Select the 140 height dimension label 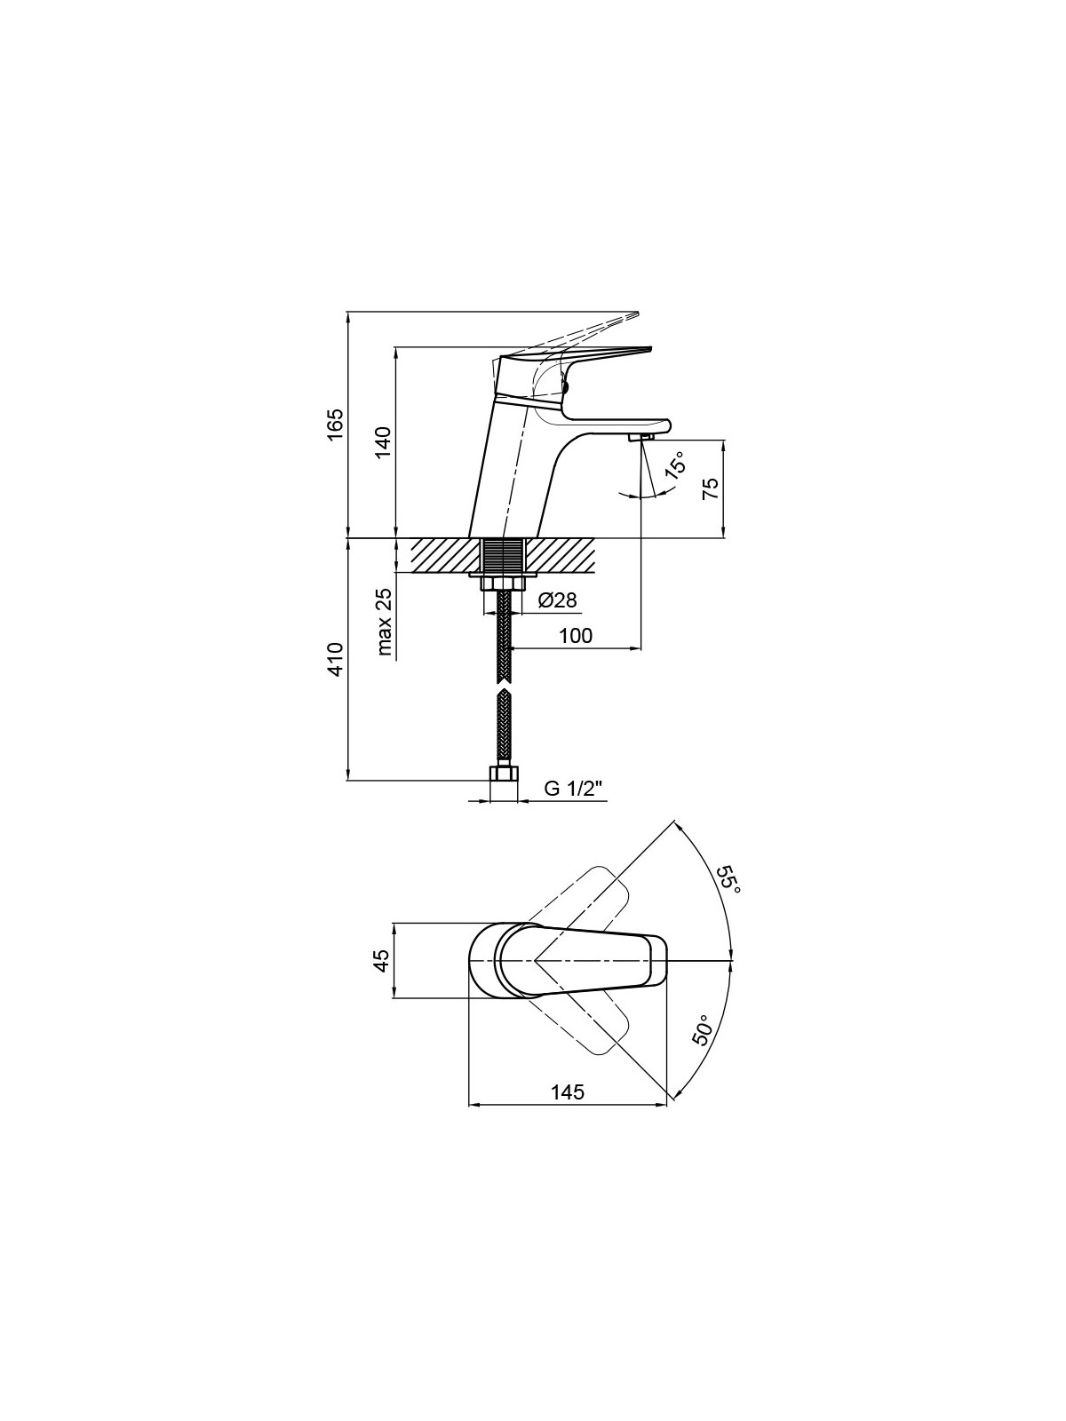tap(385, 443)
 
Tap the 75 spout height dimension tap(711, 488)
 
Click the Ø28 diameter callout tap(557, 600)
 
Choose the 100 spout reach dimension tap(576, 635)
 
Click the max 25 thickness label tap(385, 623)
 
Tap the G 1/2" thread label tap(574, 789)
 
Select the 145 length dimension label tap(568, 1092)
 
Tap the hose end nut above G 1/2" tap(502, 774)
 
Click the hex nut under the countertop tap(502, 583)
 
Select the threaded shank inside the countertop tap(502, 556)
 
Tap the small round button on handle tap(567, 388)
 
